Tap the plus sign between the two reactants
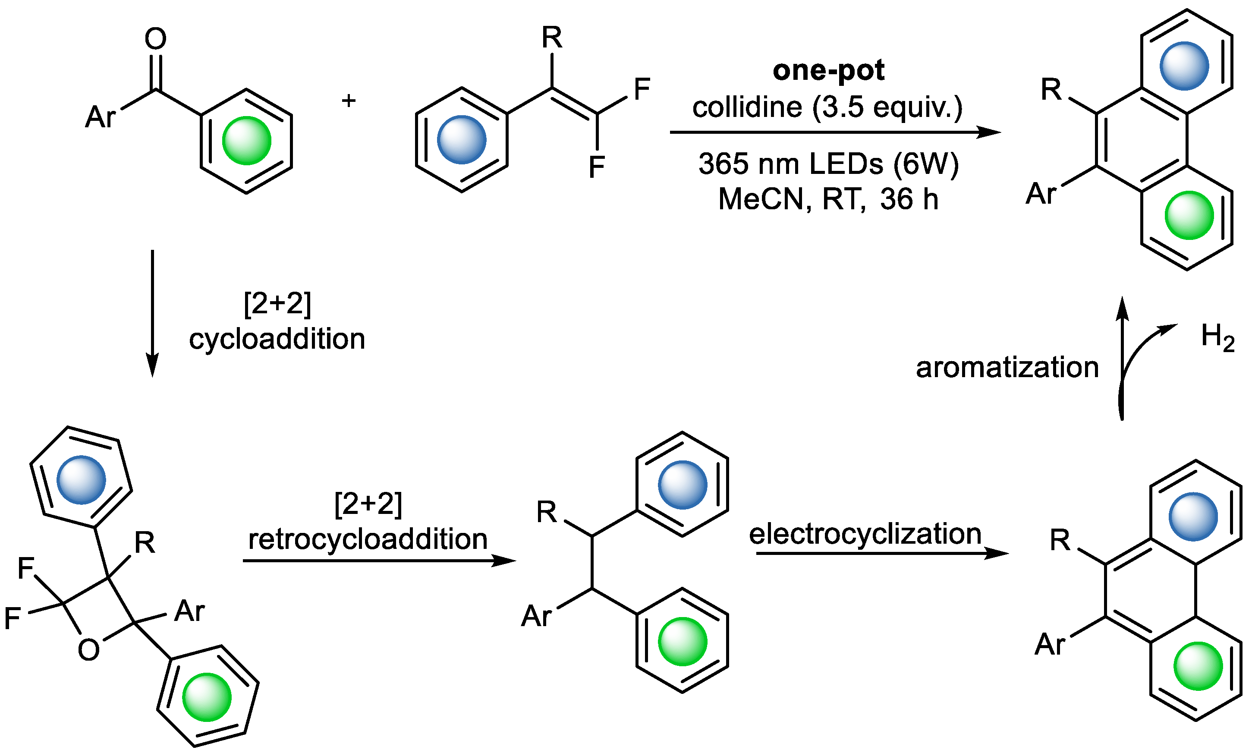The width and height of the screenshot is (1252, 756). [349, 100]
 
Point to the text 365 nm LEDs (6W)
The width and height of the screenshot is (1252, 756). [828, 164]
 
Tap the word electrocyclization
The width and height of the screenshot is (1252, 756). [865, 533]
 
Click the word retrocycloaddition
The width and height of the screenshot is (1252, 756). [368, 539]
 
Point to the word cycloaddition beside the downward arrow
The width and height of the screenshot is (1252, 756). [277, 339]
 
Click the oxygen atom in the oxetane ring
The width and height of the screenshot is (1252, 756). [89, 650]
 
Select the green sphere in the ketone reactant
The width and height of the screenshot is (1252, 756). [246, 141]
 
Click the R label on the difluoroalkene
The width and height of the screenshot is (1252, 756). [552, 38]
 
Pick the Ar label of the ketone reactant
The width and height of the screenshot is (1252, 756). [101, 117]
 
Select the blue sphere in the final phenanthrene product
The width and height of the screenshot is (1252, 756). [1184, 66]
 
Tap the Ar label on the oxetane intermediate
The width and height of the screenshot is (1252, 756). [189, 611]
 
